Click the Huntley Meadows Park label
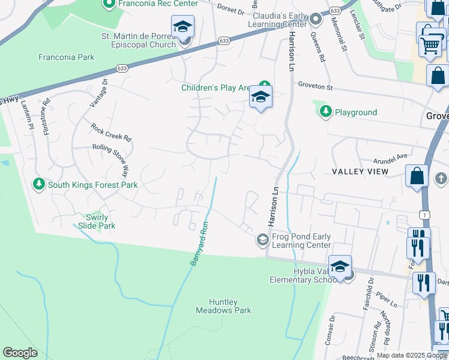click(223, 306)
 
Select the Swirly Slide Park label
click(97, 221)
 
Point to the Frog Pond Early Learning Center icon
click(262, 240)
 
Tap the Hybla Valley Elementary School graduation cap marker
click(340, 267)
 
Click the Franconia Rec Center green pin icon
click(109, 5)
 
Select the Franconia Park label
click(66, 58)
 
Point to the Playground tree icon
click(325, 112)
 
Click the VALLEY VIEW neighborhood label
click(360, 172)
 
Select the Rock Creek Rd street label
click(111, 132)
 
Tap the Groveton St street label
click(316, 87)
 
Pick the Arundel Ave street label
click(390, 155)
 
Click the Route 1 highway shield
click(425, 215)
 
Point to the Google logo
click(20, 353)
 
